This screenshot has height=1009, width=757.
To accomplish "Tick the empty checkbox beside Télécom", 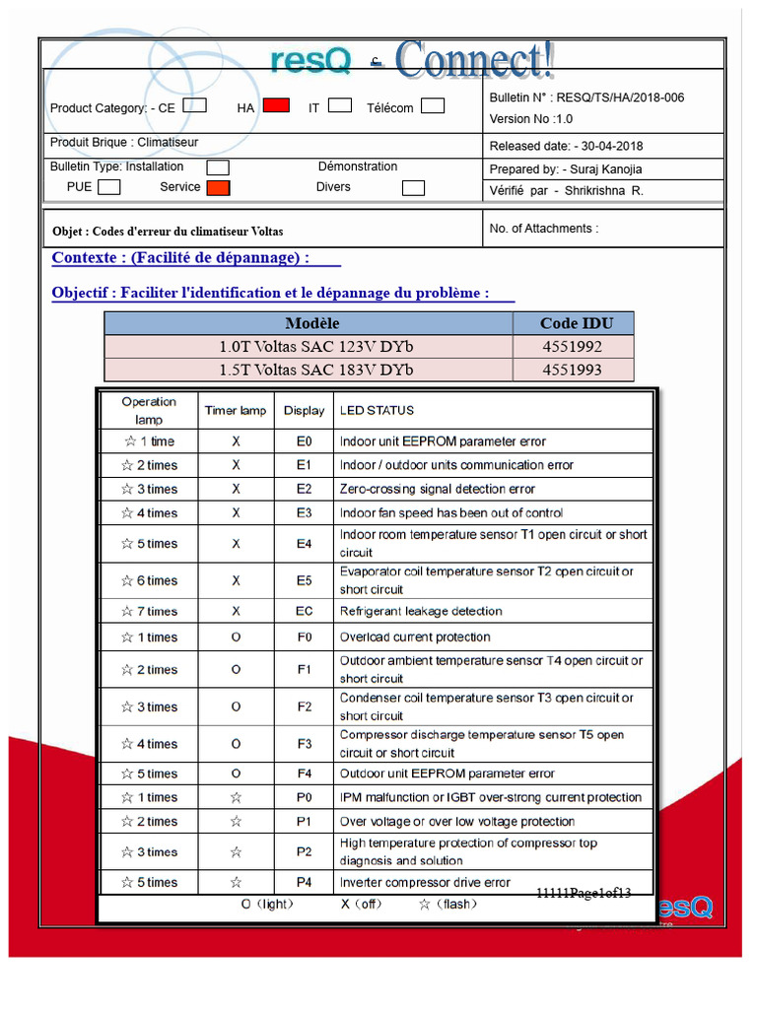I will [x=432, y=106].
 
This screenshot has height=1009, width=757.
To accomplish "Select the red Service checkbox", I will [x=218, y=187].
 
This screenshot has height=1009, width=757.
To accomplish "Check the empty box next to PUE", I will [x=109, y=186].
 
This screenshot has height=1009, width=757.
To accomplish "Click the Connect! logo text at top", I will [x=474, y=61].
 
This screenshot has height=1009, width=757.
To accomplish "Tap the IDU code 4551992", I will [x=572, y=347].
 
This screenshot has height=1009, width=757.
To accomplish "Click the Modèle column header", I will [x=311, y=323].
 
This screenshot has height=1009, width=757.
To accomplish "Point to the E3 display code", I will [x=304, y=513].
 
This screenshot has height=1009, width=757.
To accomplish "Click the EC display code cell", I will [x=304, y=612].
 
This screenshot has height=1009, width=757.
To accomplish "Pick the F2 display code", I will [x=304, y=707].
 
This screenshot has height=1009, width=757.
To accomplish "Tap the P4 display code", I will [x=304, y=883].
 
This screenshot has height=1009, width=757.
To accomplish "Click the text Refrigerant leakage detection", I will [x=421, y=612].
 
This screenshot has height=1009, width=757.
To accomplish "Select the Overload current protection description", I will [x=415, y=638].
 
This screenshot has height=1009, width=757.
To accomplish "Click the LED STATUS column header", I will [x=377, y=411].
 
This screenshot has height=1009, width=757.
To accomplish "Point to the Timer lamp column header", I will [x=236, y=411].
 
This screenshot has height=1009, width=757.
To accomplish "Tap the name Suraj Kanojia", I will [x=602, y=169].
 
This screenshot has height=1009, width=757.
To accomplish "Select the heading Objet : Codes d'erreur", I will [x=168, y=232].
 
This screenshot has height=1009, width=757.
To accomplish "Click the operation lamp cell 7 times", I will [x=149, y=612].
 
